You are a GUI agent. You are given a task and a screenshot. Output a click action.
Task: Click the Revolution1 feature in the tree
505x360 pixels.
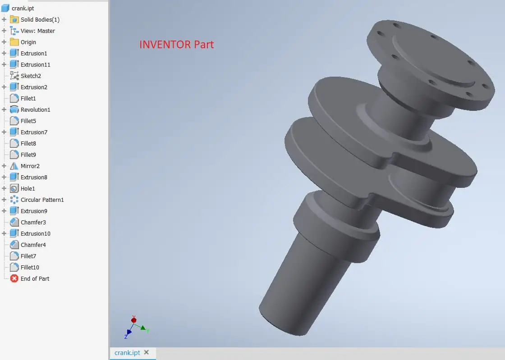(x=35, y=109)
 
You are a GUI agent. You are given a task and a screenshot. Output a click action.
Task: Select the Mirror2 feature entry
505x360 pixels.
(x=30, y=166)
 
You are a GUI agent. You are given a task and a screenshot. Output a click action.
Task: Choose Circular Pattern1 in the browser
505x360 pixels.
(x=42, y=200)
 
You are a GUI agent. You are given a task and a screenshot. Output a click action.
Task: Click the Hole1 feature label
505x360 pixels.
(x=28, y=188)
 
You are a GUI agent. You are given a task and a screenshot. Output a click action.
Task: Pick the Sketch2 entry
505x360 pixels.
(x=31, y=76)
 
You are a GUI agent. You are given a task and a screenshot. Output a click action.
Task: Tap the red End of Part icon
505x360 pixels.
(x=14, y=278)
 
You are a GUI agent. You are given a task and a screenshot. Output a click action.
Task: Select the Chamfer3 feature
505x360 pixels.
(x=33, y=222)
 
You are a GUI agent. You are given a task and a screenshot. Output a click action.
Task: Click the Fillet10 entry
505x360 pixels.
(x=30, y=267)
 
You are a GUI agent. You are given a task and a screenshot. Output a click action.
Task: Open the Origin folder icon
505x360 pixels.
(x=14, y=42)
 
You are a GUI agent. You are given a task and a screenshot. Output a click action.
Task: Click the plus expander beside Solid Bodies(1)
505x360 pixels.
(x=4, y=19)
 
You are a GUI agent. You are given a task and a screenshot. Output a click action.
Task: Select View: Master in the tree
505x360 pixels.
(x=37, y=31)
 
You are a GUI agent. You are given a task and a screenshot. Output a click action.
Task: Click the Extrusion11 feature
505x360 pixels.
(x=35, y=64)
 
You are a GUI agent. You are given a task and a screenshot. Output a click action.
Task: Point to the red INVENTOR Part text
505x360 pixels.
(x=176, y=45)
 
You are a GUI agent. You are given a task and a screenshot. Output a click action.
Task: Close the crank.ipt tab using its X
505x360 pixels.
(x=146, y=352)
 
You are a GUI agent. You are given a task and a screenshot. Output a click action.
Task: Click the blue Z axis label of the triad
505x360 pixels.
(x=126, y=336)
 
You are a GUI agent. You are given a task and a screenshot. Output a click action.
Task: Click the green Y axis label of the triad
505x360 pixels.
(x=147, y=331)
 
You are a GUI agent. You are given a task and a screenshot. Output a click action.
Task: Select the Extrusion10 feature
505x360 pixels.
(x=35, y=233)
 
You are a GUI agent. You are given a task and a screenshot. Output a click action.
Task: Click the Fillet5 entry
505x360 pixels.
(x=28, y=121)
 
